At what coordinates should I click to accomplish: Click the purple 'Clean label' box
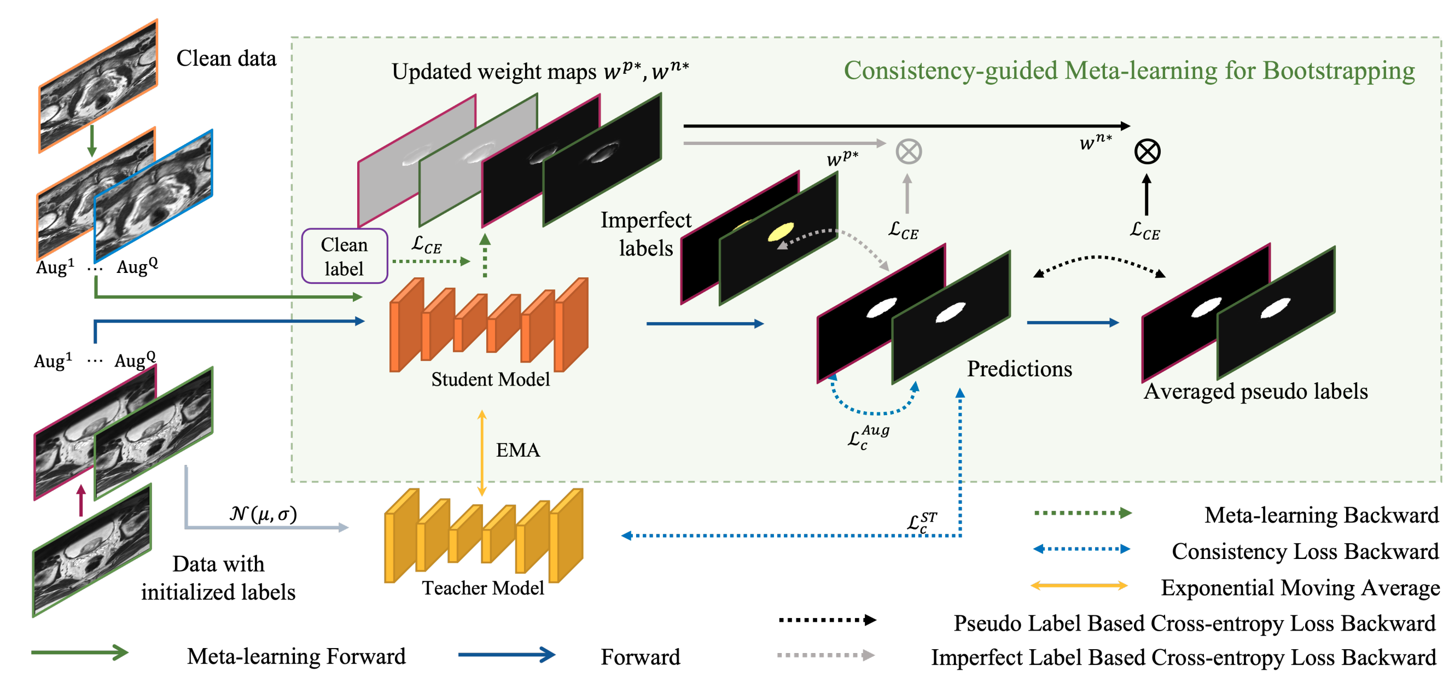pyautogui.click(x=344, y=256)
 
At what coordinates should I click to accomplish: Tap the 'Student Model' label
pyautogui.click(x=490, y=379)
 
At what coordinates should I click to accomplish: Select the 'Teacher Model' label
pyautogui.click(x=483, y=588)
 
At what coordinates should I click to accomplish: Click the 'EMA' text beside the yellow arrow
pyautogui.click(x=517, y=450)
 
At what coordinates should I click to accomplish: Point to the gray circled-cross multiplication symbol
pyautogui.click(x=908, y=151)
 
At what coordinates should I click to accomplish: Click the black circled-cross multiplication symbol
pyautogui.click(x=1147, y=151)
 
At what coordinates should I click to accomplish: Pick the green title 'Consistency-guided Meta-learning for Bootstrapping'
pyautogui.click(x=1128, y=71)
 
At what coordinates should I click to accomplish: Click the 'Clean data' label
pyautogui.click(x=226, y=58)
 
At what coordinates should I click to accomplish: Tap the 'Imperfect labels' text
pyautogui.click(x=645, y=234)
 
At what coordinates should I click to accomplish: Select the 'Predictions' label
pyautogui.click(x=1019, y=369)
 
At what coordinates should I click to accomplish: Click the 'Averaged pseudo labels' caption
pyautogui.click(x=1255, y=392)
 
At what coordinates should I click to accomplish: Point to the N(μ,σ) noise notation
pyautogui.click(x=263, y=514)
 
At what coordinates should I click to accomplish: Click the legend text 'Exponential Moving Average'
pyautogui.click(x=1300, y=588)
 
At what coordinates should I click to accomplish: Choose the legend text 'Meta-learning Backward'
pyautogui.click(x=1321, y=515)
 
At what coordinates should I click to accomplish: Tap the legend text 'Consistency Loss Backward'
pyautogui.click(x=1305, y=551)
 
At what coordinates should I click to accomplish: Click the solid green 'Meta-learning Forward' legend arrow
pyautogui.click(x=80, y=653)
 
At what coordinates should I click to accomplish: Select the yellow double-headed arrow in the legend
pyautogui.click(x=1079, y=586)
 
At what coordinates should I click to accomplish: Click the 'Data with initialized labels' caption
pyautogui.click(x=218, y=578)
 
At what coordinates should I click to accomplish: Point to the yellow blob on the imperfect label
pyautogui.click(x=780, y=231)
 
